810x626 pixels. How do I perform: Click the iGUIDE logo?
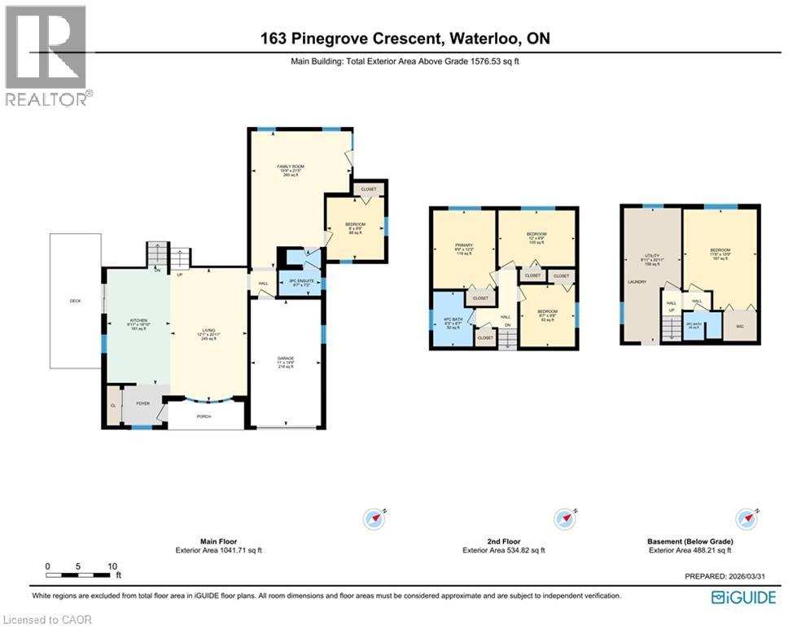coord(743,597)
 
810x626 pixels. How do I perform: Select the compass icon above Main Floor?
coord(374,518)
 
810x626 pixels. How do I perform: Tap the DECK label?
coord(75,301)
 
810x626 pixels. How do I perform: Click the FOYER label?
coord(143,403)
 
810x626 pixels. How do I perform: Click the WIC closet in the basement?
coord(740,326)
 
